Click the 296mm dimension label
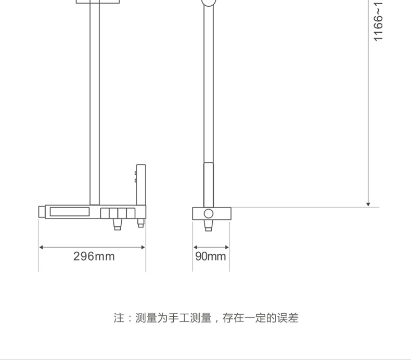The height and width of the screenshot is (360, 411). (x=94, y=256)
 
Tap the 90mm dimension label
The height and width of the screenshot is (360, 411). (x=211, y=256)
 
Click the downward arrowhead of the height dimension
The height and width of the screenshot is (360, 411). (x=368, y=204)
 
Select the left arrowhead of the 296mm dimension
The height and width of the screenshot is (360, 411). (x=42, y=247)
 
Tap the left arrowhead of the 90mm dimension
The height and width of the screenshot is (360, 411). (x=196, y=247)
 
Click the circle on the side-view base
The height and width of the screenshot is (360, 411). (x=209, y=213)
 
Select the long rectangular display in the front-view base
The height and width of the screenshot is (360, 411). (x=69, y=212)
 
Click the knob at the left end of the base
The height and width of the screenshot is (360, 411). (x=42, y=212)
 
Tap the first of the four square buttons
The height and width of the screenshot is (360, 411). (x=105, y=213)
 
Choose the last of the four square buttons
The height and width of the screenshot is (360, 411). (x=131, y=213)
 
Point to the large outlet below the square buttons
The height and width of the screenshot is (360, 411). (x=118, y=224)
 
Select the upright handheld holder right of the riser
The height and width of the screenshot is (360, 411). (x=140, y=185)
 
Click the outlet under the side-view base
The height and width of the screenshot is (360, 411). (x=209, y=225)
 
